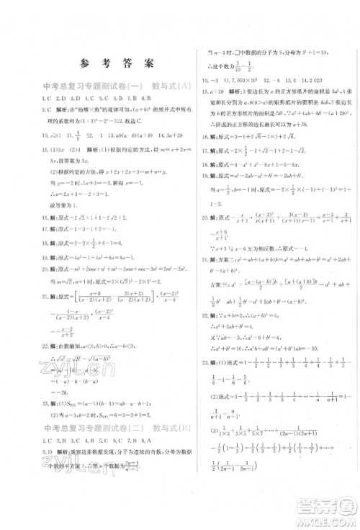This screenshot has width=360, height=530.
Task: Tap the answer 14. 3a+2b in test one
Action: (164, 134)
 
